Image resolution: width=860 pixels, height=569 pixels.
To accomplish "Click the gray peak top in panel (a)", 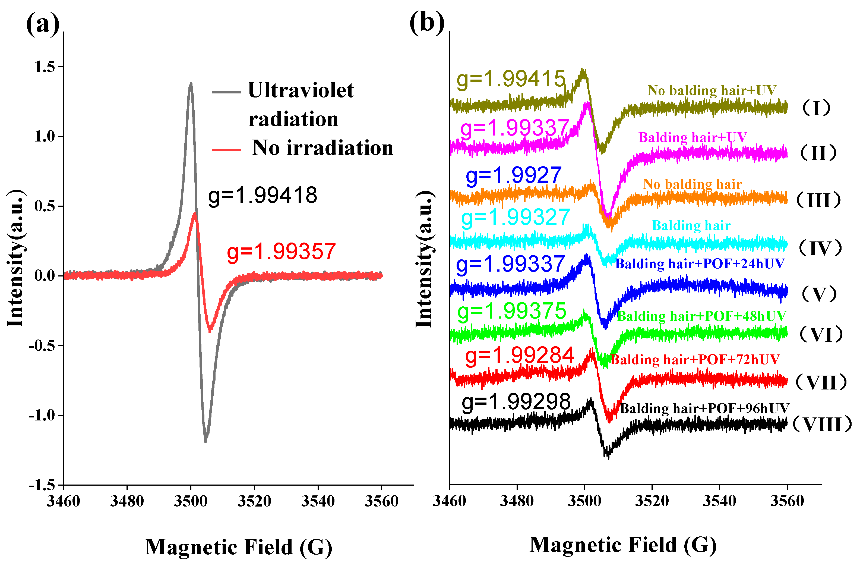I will (x=191, y=84).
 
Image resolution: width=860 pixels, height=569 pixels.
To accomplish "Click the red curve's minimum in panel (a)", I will (x=210, y=330).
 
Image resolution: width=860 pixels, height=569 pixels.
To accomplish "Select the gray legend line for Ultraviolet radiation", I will (x=226, y=92).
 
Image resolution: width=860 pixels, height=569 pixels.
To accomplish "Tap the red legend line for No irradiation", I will (x=226, y=149).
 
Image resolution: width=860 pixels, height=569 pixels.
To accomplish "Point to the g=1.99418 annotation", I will (x=263, y=195).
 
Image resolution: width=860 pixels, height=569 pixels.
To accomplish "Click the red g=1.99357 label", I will (x=281, y=252).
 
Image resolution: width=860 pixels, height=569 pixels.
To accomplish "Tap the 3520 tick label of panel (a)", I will (x=254, y=501).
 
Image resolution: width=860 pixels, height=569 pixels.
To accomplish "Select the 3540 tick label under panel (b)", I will (x=719, y=501).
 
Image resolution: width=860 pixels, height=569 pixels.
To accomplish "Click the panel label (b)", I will (x=427, y=23).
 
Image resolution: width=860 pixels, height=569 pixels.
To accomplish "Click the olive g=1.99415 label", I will (x=511, y=79).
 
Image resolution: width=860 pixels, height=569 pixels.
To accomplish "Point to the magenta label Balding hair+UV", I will (x=693, y=137).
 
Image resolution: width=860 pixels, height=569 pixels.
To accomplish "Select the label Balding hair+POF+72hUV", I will (x=695, y=359).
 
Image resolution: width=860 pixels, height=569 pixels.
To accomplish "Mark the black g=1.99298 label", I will (x=516, y=402).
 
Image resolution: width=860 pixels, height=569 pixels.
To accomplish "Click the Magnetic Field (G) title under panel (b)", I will (x=623, y=545).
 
